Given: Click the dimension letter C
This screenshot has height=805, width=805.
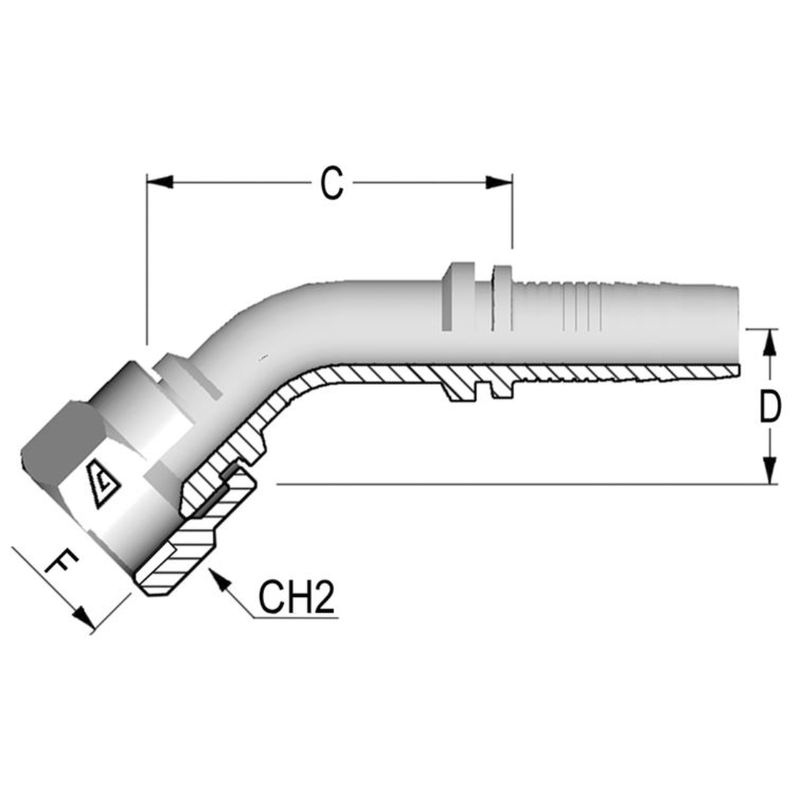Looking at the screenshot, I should [332, 183].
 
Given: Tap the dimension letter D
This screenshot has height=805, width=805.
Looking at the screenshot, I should [770, 408].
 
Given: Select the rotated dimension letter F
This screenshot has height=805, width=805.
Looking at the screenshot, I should [61, 566].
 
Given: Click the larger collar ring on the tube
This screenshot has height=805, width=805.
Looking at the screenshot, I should [457, 296].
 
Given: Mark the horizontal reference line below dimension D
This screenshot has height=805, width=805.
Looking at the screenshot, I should [522, 484].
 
